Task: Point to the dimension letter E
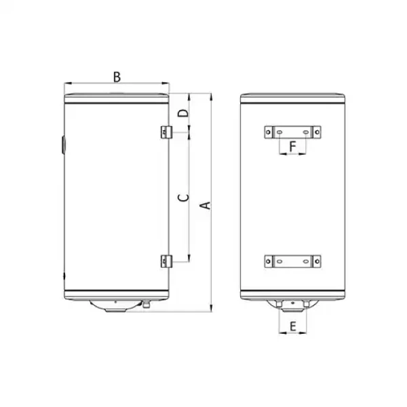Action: (x=292, y=327)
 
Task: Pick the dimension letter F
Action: (x=292, y=145)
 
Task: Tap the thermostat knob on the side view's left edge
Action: (x=62, y=144)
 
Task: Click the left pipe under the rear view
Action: (x=279, y=303)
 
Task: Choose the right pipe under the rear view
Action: (x=305, y=303)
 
